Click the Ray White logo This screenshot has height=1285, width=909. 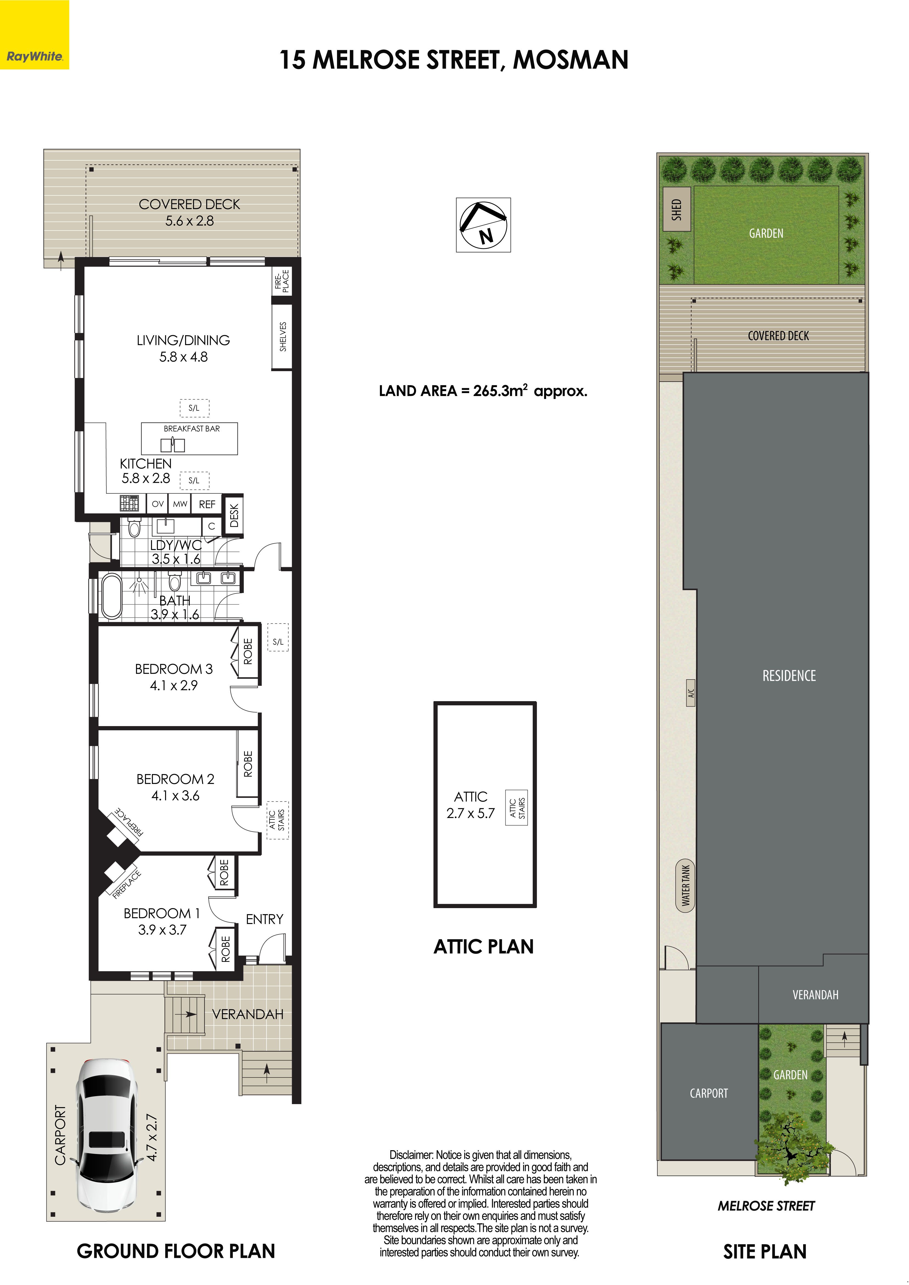pyautogui.click(x=34, y=35)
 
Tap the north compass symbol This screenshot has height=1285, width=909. pyautogui.click(x=483, y=224)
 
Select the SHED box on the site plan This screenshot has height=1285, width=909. pyautogui.click(x=676, y=210)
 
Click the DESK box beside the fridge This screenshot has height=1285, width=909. pyautogui.click(x=234, y=515)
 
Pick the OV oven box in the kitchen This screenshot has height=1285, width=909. pyautogui.click(x=158, y=504)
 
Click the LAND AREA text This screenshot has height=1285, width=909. pyautogui.click(x=483, y=391)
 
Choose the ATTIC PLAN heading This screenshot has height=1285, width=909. pyautogui.click(x=484, y=946)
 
